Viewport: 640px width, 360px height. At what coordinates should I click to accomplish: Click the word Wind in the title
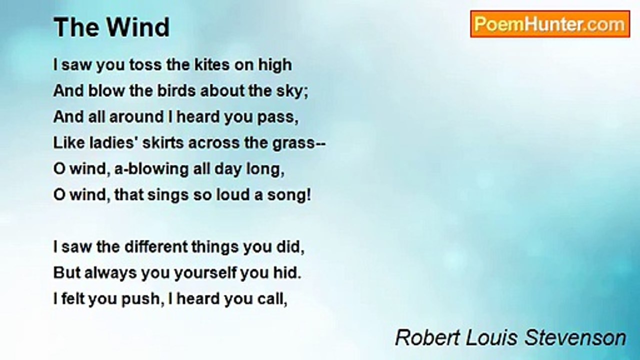(x=138, y=27)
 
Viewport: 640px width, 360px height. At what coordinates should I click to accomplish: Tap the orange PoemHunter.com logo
(x=550, y=24)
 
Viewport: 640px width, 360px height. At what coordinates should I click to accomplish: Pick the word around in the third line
(x=136, y=117)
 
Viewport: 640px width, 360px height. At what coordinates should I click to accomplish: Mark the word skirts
(x=163, y=143)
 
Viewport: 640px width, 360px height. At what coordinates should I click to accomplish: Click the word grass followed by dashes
(x=299, y=143)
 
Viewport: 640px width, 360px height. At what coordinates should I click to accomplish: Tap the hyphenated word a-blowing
(x=151, y=169)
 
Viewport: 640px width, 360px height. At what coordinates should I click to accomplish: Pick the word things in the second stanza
(x=215, y=247)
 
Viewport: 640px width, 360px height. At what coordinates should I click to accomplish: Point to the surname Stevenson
(x=575, y=337)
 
